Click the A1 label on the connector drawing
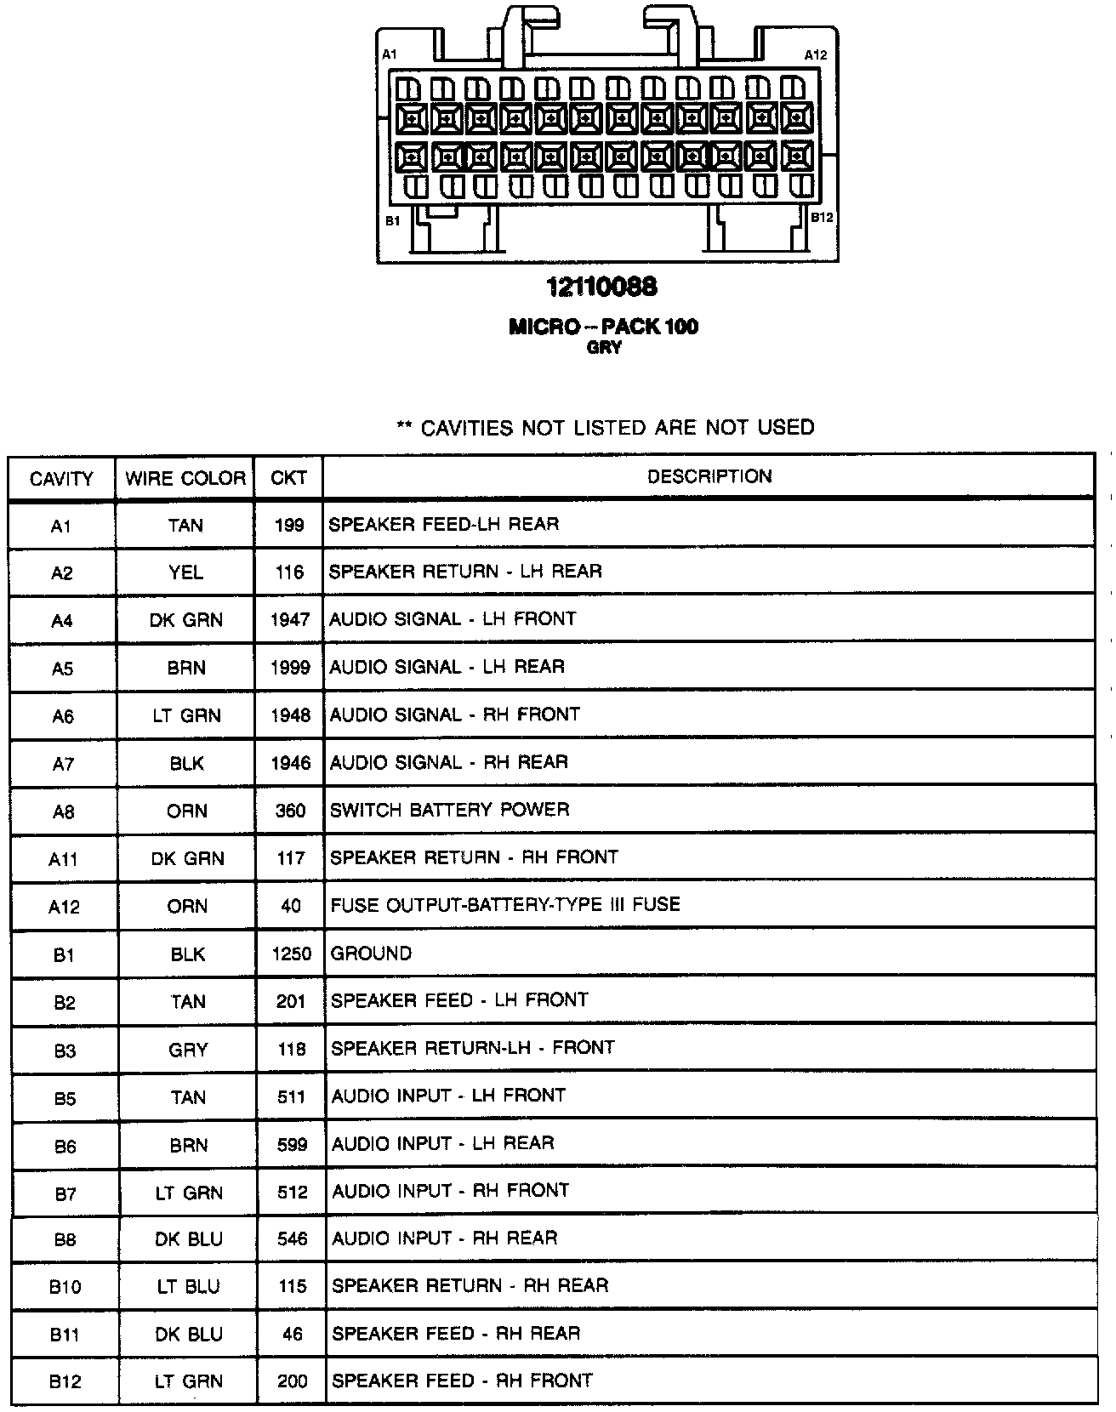389,54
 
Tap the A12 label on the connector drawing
815,54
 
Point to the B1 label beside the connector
392,221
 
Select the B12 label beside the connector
822,217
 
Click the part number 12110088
602,288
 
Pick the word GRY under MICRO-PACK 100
604,347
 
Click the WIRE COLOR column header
185,478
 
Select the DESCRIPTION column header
709,476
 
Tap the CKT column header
288,478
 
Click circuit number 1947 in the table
289,620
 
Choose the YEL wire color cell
185,572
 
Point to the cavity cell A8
63,811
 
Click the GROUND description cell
371,953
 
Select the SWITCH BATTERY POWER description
449,810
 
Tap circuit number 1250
291,954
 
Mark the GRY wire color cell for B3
188,1050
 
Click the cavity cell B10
65,1287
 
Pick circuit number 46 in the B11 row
292,1334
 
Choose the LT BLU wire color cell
188,1286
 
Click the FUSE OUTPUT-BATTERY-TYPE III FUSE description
505,904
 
